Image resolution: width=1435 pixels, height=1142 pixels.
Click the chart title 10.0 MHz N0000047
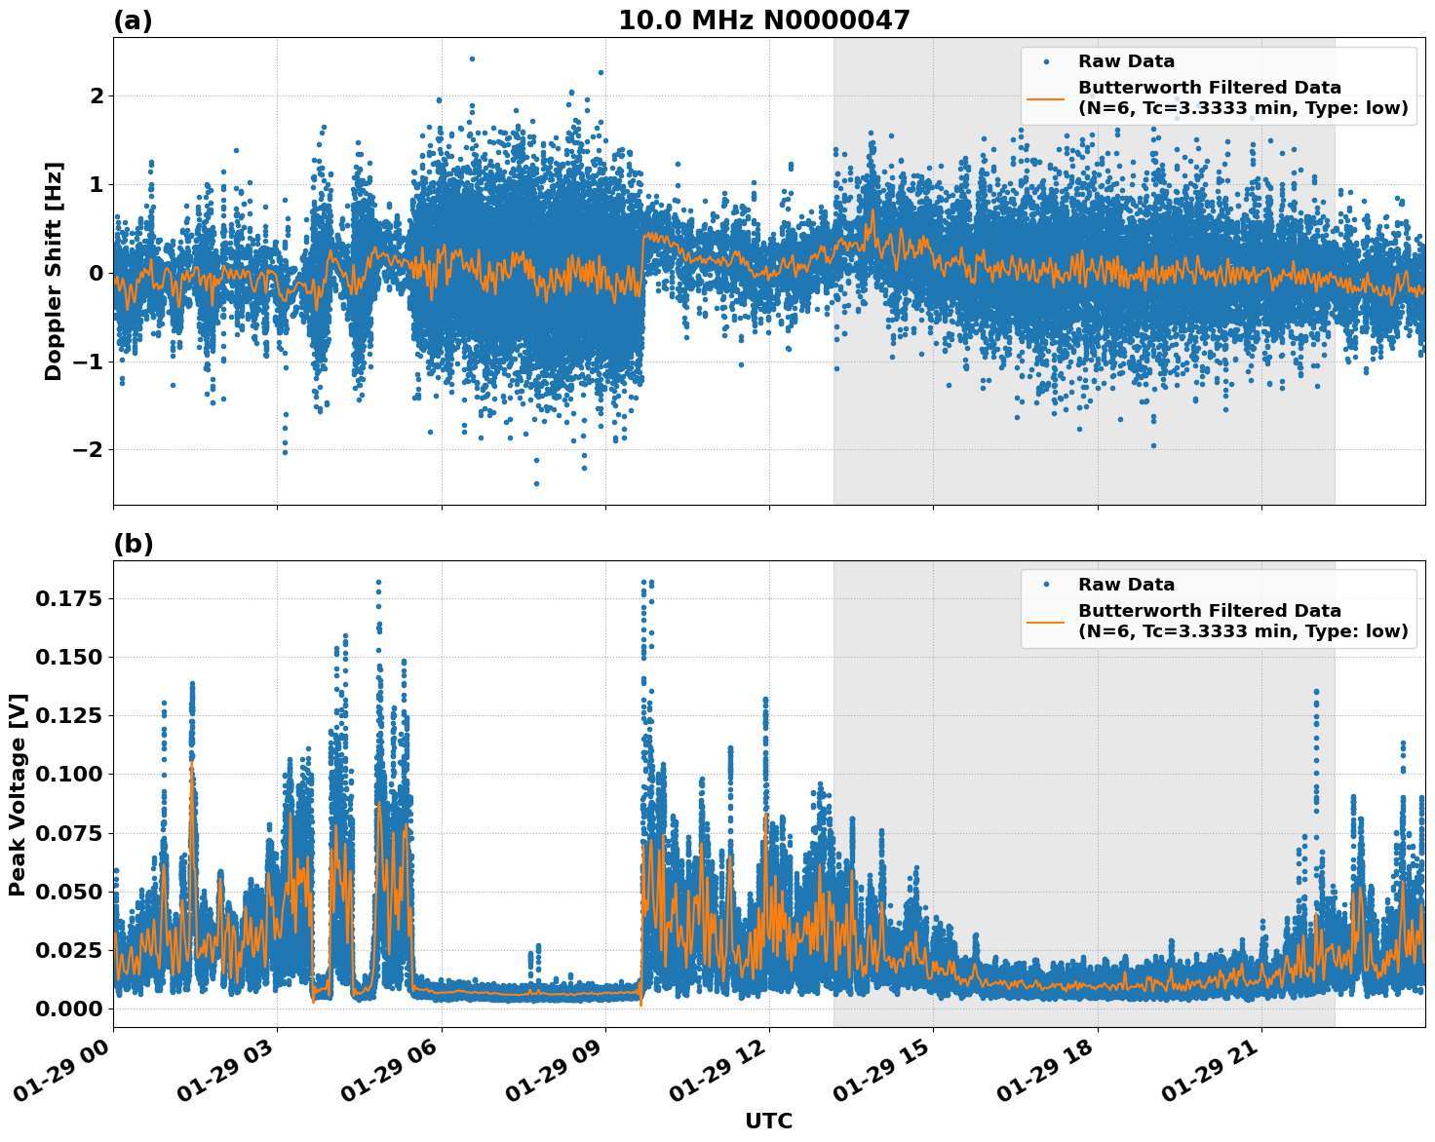click(x=763, y=20)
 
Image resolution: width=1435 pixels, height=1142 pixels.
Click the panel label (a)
click(x=133, y=20)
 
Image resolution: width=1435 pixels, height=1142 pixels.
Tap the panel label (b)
click(x=133, y=544)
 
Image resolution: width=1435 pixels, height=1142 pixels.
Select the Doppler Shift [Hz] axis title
click(x=54, y=271)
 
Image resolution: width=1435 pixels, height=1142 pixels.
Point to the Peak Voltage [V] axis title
click(x=18, y=794)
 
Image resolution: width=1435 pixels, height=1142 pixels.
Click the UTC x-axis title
click(x=768, y=1121)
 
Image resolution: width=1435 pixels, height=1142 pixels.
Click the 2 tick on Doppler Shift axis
click(x=97, y=95)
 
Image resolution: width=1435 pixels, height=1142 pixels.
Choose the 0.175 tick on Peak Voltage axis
click(x=69, y=598)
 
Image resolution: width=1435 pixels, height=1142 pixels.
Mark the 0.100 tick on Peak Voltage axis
click(x=69, y=774)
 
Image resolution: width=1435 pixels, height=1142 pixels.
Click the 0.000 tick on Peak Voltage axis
click(x=69, y=1009)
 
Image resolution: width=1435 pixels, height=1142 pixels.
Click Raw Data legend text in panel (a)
click(x=1126, y=61)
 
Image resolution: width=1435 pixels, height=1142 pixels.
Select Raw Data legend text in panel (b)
click(x=1126, y=585)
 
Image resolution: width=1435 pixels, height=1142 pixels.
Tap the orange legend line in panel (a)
click(x=1046, y=97)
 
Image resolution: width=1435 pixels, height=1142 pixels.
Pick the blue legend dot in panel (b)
click(x=1046, y=585)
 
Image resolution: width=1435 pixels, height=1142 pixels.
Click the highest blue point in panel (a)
click(x=472, y=58)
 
